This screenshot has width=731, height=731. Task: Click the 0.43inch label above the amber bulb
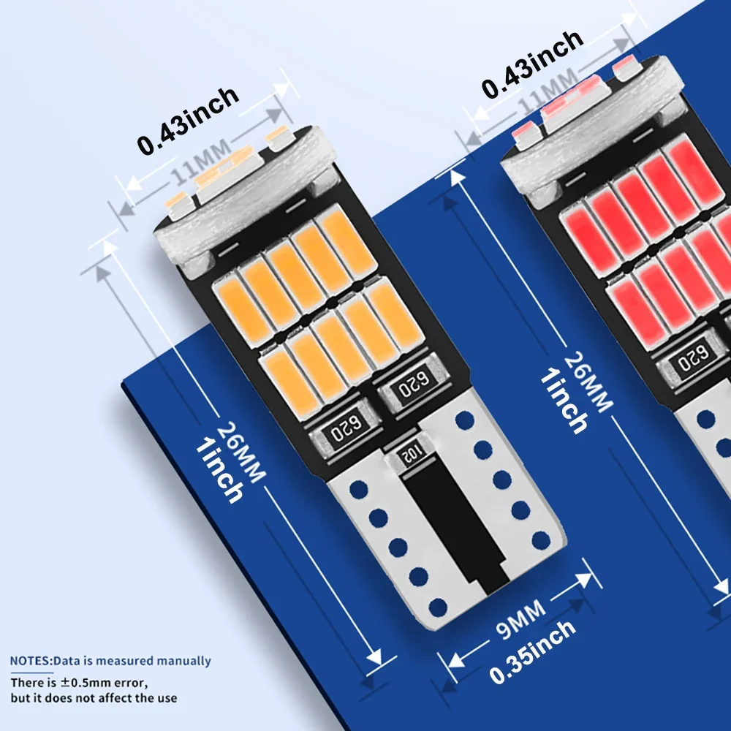pyautogui.click(x=188, y=120)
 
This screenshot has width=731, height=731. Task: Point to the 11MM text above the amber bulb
pyautogui.click(x=201, y=162)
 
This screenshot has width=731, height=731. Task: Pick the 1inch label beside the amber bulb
pyautogui.click(x=219, y=470)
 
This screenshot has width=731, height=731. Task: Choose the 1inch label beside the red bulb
pyautogui.click(x=564, y=400)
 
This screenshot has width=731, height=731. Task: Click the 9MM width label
pyautogui.click(x=520, y=618)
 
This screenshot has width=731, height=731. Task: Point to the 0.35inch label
pyautogui.click(x=532, y=652)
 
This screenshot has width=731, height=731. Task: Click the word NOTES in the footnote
pyautogui.click(x=29, y=661)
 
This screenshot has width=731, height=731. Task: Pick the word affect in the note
pyautogui.click(x=113, y=698)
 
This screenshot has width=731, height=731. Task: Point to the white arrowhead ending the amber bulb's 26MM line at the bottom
pyautogui.click(x=374, y=657)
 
